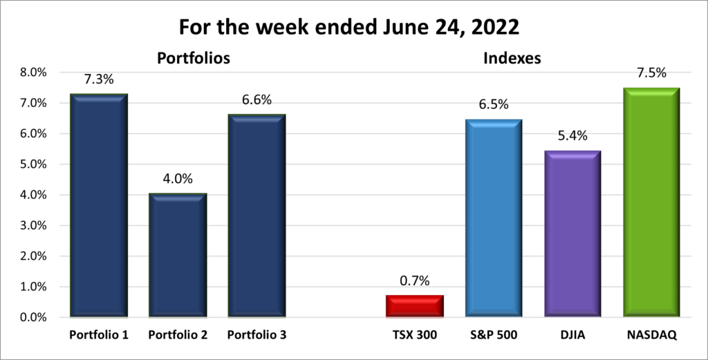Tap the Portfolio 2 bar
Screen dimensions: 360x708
click(177, 256)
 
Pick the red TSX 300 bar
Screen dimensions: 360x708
click(414, 306)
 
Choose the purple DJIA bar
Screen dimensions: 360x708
click(572, 234)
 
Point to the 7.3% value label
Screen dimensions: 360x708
click(98, 79)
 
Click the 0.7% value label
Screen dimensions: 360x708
click(414, 281)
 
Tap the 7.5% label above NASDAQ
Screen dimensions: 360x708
click(651, 73)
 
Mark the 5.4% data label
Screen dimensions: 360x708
click(572, 136)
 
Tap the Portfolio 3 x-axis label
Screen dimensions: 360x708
click(256, 335)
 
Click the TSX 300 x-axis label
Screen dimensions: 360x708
click(414, 335)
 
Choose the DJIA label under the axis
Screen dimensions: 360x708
click(572, 335)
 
